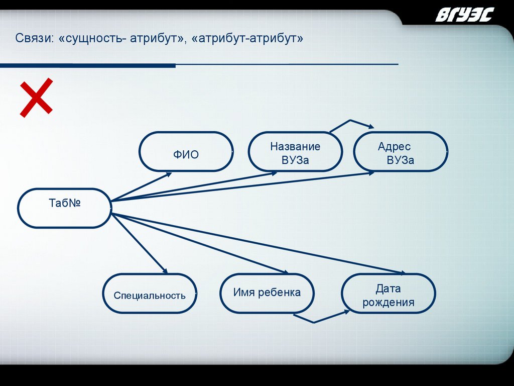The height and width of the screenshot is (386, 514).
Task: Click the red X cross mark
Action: pos(36,97)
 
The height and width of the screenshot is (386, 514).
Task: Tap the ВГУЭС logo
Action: pos(464,15)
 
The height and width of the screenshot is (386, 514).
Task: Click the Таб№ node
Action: pos(64,208)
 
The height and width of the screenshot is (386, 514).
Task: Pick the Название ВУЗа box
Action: pos(295,152)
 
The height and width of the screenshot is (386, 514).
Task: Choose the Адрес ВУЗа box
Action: pos(401,152)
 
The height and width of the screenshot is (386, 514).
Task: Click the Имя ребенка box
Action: pos(267,293)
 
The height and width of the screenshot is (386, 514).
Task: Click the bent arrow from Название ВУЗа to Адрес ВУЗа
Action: pos(350,122)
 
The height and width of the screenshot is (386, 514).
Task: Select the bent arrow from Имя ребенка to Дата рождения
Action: pos(314,321)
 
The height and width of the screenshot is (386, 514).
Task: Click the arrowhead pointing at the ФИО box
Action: pos(168,175)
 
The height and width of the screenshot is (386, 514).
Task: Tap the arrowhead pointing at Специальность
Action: pos(163,270)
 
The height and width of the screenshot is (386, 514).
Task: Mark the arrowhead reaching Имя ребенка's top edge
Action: pos(284,272)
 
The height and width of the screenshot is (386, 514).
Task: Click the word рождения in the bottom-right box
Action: pos(389,303)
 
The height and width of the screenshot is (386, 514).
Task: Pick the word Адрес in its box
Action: pos(394,147)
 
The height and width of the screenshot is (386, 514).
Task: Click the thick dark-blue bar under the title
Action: pos(88,65)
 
